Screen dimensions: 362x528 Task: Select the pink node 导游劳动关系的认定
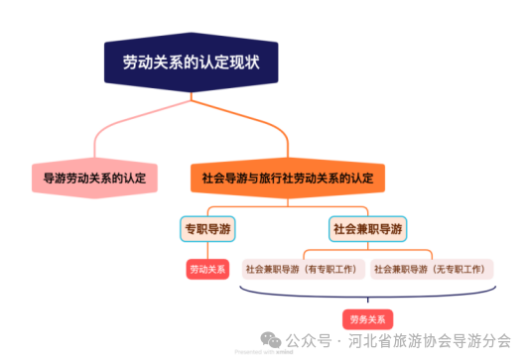94,180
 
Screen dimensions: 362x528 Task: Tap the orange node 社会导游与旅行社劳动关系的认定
287,180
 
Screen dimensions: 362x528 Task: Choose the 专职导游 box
207,229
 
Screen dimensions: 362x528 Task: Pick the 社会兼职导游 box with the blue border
368,229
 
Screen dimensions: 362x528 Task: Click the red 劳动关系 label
207,269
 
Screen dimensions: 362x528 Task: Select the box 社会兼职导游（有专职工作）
304,269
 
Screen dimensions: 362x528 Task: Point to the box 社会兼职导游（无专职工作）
433,269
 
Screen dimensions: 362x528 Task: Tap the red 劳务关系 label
368,319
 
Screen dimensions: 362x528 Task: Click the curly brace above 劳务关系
368,296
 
